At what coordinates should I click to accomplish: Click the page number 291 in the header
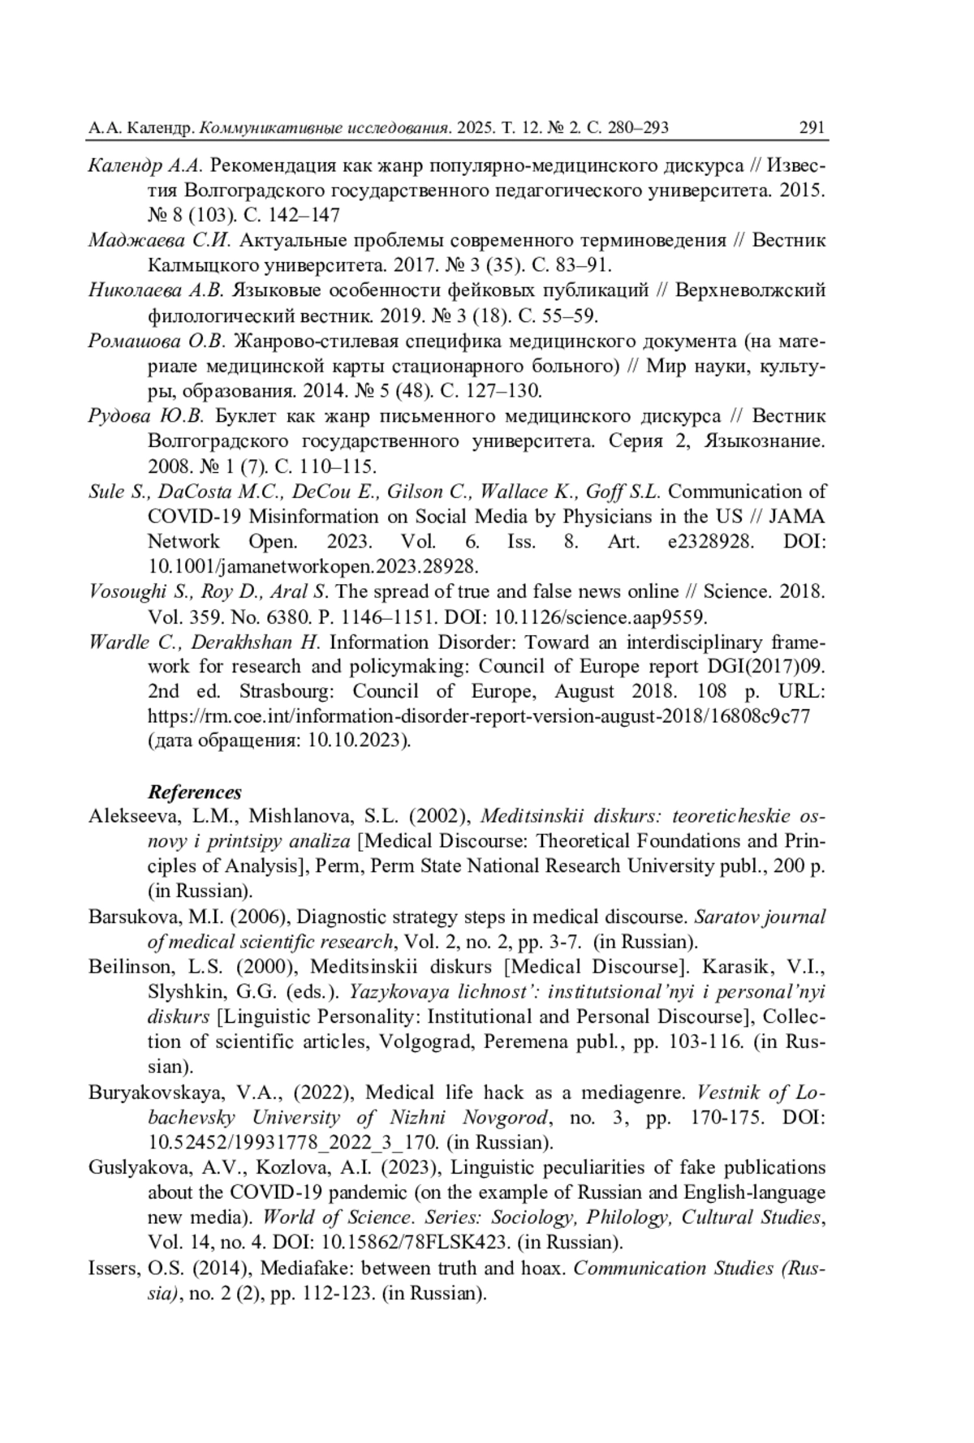(x=812, y=127)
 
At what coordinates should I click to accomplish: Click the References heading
(x=195, y=792)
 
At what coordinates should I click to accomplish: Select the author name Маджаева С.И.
(x=160, y=240)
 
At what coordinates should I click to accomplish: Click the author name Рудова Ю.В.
(x=148, y=416)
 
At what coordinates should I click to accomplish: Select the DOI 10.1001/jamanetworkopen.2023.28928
(x=312, y=566)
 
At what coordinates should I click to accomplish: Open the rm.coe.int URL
(x=478, y=716)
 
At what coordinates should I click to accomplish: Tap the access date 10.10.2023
(x=357, y=741)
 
